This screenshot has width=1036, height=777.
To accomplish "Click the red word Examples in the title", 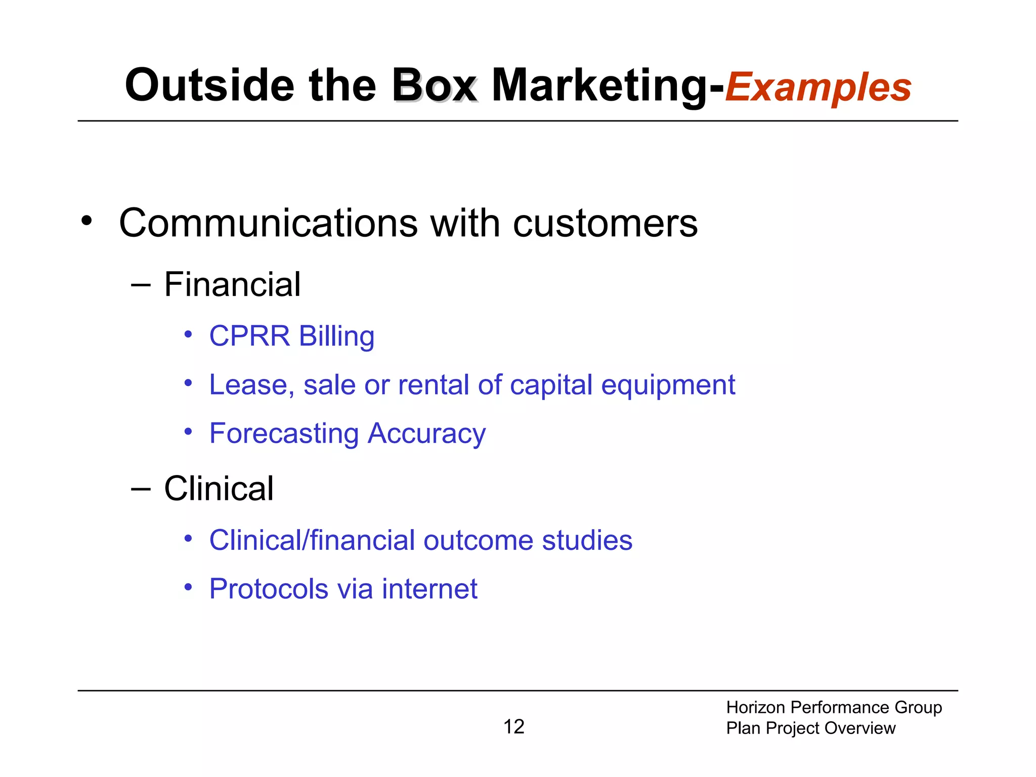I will (x=818, y=88).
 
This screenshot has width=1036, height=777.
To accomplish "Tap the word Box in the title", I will (x=434, y=85).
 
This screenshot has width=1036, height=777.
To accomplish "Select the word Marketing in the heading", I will (x=599, y=85).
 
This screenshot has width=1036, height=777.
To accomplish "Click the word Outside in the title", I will (x=209, y=85).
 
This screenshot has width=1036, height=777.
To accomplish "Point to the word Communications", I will (x=268, y=223).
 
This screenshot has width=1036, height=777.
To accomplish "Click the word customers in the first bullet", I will (x=605, y=223).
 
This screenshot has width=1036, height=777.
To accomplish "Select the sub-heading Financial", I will (x=232, y=284).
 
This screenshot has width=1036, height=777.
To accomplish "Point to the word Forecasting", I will (x=284, y=434).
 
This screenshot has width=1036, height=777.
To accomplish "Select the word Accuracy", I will (x=426, y=434).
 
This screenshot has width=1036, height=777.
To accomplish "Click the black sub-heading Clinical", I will (x=219, y=489).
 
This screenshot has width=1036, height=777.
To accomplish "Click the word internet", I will (x=429, y=589).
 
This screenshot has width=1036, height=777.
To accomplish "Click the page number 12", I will (x=513, y=727).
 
